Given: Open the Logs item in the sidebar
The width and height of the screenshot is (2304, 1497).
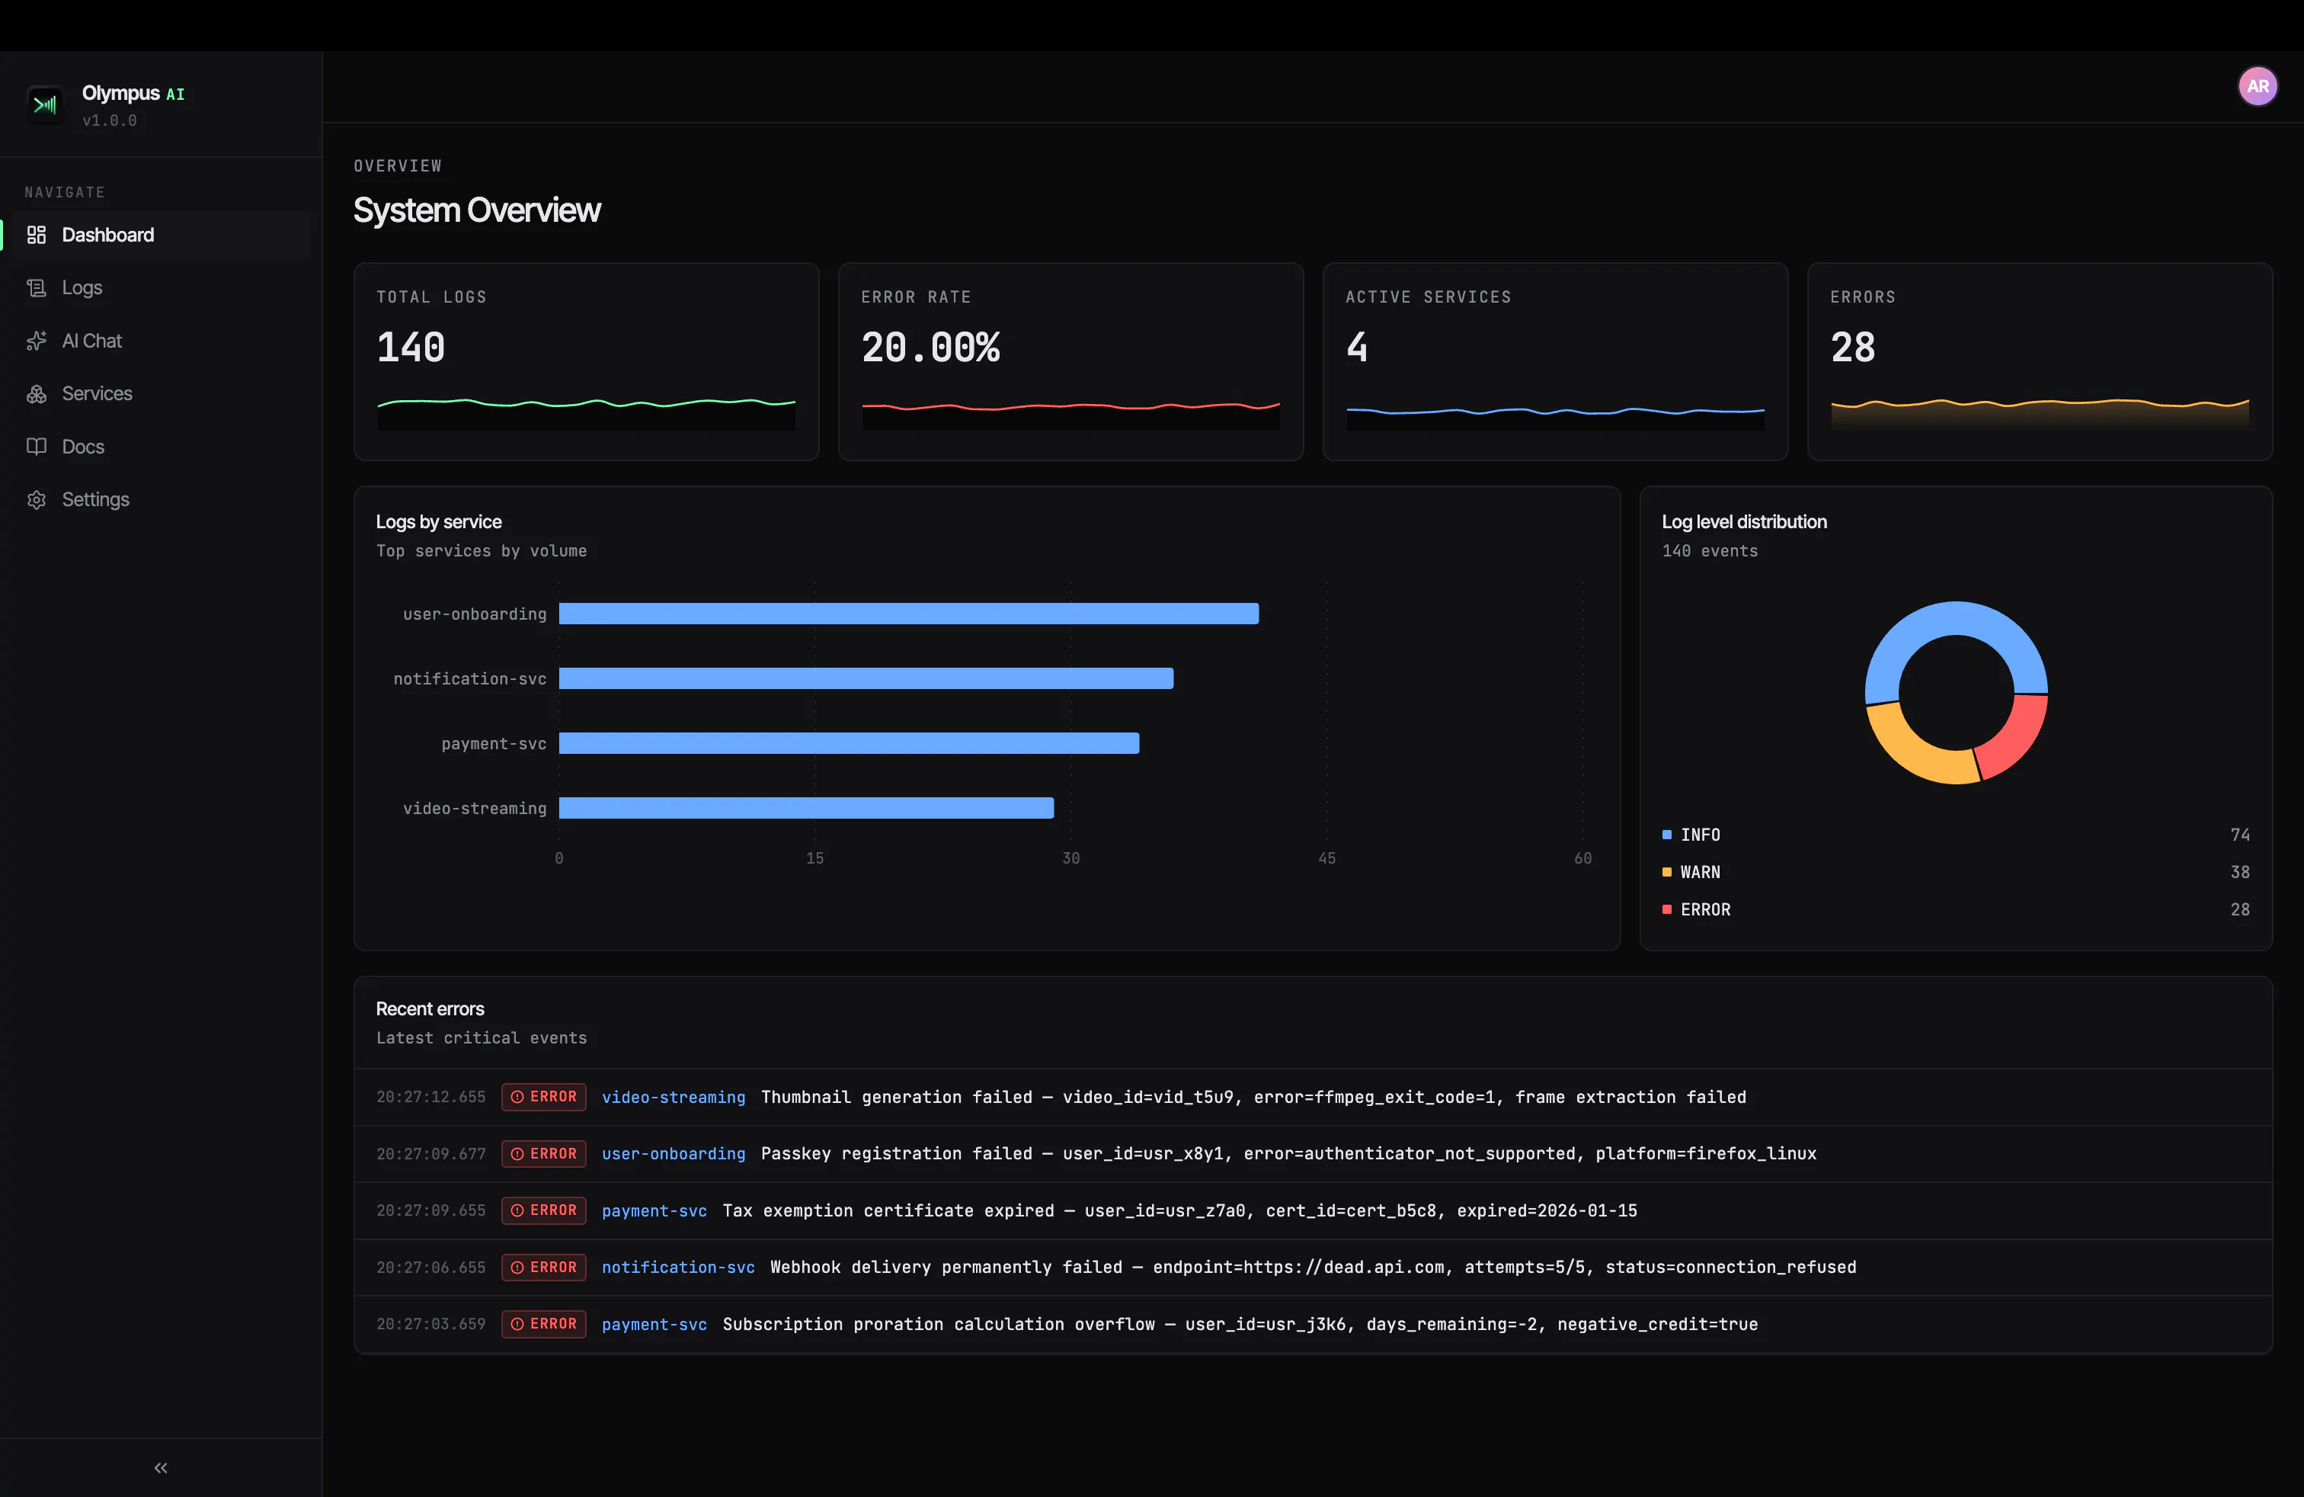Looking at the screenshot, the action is click(x=82, y=287).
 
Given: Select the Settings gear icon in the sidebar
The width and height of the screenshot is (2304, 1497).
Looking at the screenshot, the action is click(x=37, y=500).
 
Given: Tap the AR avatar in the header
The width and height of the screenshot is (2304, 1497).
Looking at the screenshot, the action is click(x=2258, y=86).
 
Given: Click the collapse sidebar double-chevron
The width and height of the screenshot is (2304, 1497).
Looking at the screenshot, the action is click(x=161, y=1468).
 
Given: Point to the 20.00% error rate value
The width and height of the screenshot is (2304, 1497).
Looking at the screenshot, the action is click(x=930, y=348).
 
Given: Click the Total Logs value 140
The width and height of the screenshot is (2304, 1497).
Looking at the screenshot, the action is click(x=411, y=348).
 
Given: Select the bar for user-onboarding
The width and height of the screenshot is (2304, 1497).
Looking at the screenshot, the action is click(x=909, y=614).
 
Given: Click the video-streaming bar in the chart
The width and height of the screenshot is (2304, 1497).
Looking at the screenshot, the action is click(x=806, y=807).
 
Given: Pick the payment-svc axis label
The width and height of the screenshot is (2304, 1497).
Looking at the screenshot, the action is click(x=494, y=744).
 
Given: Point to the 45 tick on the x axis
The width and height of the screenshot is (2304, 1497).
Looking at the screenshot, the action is click(x=1326, y=858).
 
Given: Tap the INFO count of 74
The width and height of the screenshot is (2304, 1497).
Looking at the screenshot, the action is click(x=2240, y=835).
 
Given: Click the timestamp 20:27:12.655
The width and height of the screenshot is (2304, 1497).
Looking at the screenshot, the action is click(x=430, y=1097).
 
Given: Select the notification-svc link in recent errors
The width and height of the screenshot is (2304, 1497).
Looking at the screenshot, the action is click(x=677, y=1268).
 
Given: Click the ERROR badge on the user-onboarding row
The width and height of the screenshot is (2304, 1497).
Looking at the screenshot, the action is click(x=544, y=1154).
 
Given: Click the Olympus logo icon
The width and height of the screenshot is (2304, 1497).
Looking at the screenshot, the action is click(x=44, y=104).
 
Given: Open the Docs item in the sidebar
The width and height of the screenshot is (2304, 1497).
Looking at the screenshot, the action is click(x=82, y=447).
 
